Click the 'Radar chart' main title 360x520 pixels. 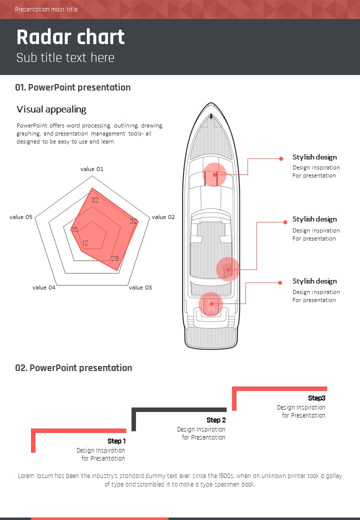[x=70, y=38]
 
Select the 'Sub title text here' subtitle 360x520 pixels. [x=65, y=57]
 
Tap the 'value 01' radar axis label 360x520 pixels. [x=92, y=169]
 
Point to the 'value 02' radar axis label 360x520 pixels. [x=163, y=217]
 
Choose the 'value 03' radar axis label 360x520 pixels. [x=140, y=287]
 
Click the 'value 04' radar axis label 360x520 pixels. [x=44, y=287]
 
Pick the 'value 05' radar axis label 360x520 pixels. [x=21, y=217]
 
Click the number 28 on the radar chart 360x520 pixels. [x=115, y=258]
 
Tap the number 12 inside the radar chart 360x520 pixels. [x=85, y=243]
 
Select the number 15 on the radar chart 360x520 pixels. [x=74, y=229]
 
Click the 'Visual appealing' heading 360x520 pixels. [x=51, y=109]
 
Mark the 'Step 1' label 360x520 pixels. [x=116, y=441]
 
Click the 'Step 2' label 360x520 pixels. [x=216, y=420]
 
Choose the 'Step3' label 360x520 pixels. [x=316, y=398]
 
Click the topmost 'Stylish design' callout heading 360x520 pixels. [x=314, y=157]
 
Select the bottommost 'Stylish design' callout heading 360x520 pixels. [x=314, y=281]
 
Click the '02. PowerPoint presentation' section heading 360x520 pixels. [x=73, y=368]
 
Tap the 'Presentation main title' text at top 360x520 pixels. [x=46, y=9]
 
